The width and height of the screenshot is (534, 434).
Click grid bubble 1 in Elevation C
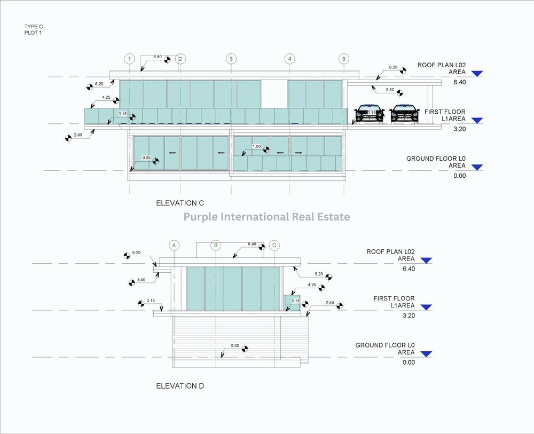129,58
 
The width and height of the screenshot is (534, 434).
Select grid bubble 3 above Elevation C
231,58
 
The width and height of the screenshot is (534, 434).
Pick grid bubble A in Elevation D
174,245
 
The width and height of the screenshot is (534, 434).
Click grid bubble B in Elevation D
216,245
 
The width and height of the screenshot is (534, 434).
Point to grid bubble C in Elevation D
274,245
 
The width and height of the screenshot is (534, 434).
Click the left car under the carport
369,114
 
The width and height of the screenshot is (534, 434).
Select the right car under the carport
404,114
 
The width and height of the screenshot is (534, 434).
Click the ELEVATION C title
180,203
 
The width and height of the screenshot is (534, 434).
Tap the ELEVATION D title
179,386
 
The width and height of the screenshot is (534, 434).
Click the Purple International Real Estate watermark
266,217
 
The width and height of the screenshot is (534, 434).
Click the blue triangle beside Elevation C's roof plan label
477,74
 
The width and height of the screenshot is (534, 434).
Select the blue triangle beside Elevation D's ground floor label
426,353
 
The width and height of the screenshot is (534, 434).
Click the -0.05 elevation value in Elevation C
145,157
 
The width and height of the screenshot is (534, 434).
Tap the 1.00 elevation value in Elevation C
257,146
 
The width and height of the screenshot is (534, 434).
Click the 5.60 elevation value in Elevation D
141,280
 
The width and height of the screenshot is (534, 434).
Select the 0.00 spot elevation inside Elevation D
234,345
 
